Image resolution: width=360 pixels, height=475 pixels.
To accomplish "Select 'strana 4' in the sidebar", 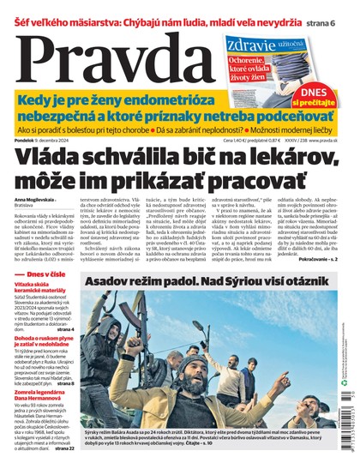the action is tap(64, 353).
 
